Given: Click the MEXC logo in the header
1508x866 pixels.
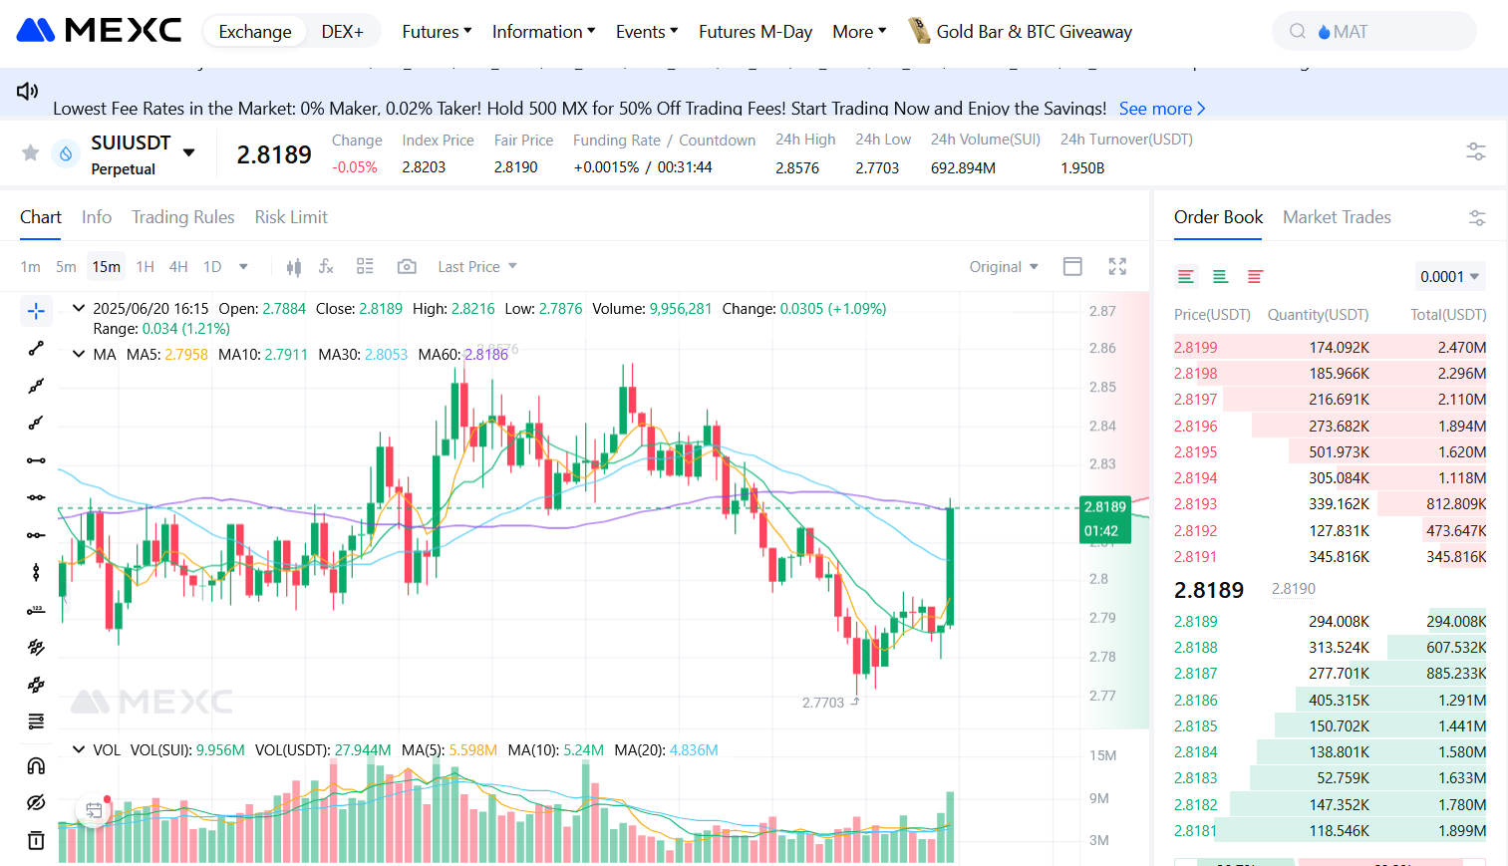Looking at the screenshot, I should pos(99,30).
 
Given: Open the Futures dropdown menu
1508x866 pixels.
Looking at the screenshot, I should pos(437,32).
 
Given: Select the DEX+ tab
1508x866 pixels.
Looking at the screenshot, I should pos(342,32).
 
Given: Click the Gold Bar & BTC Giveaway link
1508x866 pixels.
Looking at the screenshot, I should pos(1033,32).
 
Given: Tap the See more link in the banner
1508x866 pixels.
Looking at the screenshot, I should pos(1161,109).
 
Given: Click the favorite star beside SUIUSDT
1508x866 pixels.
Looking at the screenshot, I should pos(31,152).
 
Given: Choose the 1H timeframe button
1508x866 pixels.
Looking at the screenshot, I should pos(146,267).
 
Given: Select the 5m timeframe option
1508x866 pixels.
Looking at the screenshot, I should pos(66,267).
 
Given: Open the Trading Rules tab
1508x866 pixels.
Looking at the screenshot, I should pos(183,217).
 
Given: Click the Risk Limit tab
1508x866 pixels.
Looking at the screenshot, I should pos(291,217).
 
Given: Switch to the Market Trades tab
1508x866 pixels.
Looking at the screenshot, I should pos(1337,217).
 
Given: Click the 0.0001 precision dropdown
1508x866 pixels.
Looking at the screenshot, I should pos(1449,277).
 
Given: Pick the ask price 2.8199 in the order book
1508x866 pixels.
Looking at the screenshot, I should pos(1196,348).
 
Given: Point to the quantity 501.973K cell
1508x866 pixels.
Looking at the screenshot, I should pos(1339,452).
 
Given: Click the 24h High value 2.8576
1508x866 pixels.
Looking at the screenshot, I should pos(797,168).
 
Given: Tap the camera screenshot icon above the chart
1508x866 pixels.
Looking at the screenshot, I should pos(407,267).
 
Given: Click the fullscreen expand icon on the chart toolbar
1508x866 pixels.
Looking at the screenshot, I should pos(1117,266).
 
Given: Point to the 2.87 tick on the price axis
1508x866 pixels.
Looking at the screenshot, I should pos(1102,311).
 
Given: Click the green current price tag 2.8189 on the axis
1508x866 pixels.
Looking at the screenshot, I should pos(1105,507).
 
